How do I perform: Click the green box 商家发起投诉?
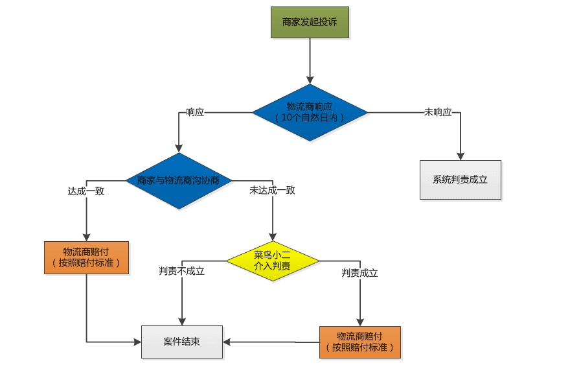310,22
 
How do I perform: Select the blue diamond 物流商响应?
310,112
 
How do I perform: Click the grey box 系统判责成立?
460,180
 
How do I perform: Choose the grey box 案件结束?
181,342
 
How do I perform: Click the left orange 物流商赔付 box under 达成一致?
86,257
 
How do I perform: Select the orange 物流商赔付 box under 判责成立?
359,342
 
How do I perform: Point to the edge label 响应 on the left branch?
195,112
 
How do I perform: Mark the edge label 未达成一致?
272,191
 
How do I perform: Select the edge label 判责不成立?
182,271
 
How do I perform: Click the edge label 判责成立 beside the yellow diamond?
359,273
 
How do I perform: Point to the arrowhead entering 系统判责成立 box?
460,156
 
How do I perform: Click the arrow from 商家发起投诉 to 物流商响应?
310,62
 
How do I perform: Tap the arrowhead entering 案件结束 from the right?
227,342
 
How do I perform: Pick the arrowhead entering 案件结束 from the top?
182,321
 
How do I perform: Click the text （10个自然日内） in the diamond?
310,118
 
